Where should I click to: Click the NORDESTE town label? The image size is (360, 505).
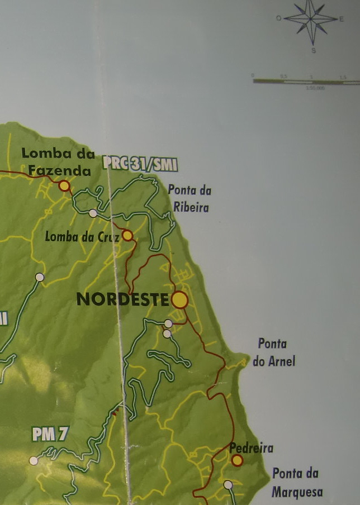(122, 299)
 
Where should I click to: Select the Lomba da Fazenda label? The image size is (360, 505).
(56, 161)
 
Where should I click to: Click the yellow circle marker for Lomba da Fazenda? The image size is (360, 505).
(64, 185)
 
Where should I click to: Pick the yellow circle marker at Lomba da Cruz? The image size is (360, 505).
(127, 235)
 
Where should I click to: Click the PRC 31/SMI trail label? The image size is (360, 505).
(140, 163)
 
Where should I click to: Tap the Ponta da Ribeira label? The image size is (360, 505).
(190, 198)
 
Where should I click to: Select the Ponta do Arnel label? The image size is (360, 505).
(273, 352)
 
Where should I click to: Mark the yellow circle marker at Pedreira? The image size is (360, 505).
(237, 460)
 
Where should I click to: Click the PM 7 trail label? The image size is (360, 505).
(50, 435)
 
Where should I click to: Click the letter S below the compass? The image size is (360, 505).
(314, 50)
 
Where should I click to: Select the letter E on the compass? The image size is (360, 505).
(342, 19)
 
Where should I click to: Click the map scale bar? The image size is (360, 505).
(306, 82)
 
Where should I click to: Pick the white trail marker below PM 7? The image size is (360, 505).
(34, 461)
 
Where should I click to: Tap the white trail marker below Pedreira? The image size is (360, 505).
(228, 485)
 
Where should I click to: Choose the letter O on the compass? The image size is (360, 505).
(278, 18)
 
